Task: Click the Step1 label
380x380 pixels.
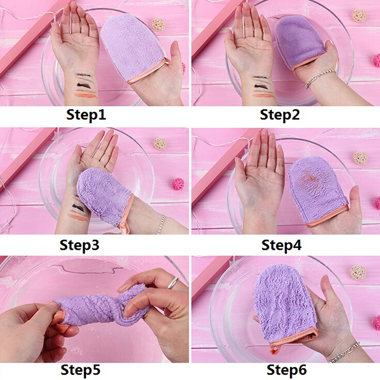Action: [86, 114]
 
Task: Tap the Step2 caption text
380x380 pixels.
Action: [280, 114]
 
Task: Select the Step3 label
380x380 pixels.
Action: [79, 245]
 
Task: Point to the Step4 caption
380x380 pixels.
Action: [281, 245]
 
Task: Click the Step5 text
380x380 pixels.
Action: [80, 370]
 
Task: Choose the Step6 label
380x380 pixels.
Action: [286, 370]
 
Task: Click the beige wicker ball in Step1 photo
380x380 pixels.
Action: [159, 25]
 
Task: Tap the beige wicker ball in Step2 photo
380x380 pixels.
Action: [359, 16]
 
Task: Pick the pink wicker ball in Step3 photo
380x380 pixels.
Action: [178, 184]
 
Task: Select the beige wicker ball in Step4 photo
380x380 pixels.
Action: [361, 158]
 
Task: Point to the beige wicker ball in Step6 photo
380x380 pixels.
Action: [358, 272]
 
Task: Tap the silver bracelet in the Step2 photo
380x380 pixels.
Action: [320, 77]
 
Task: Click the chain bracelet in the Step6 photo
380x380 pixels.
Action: [344, 352]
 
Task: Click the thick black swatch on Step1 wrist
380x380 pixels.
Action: [85, 85]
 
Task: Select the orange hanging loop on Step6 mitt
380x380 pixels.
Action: [274, 350]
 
